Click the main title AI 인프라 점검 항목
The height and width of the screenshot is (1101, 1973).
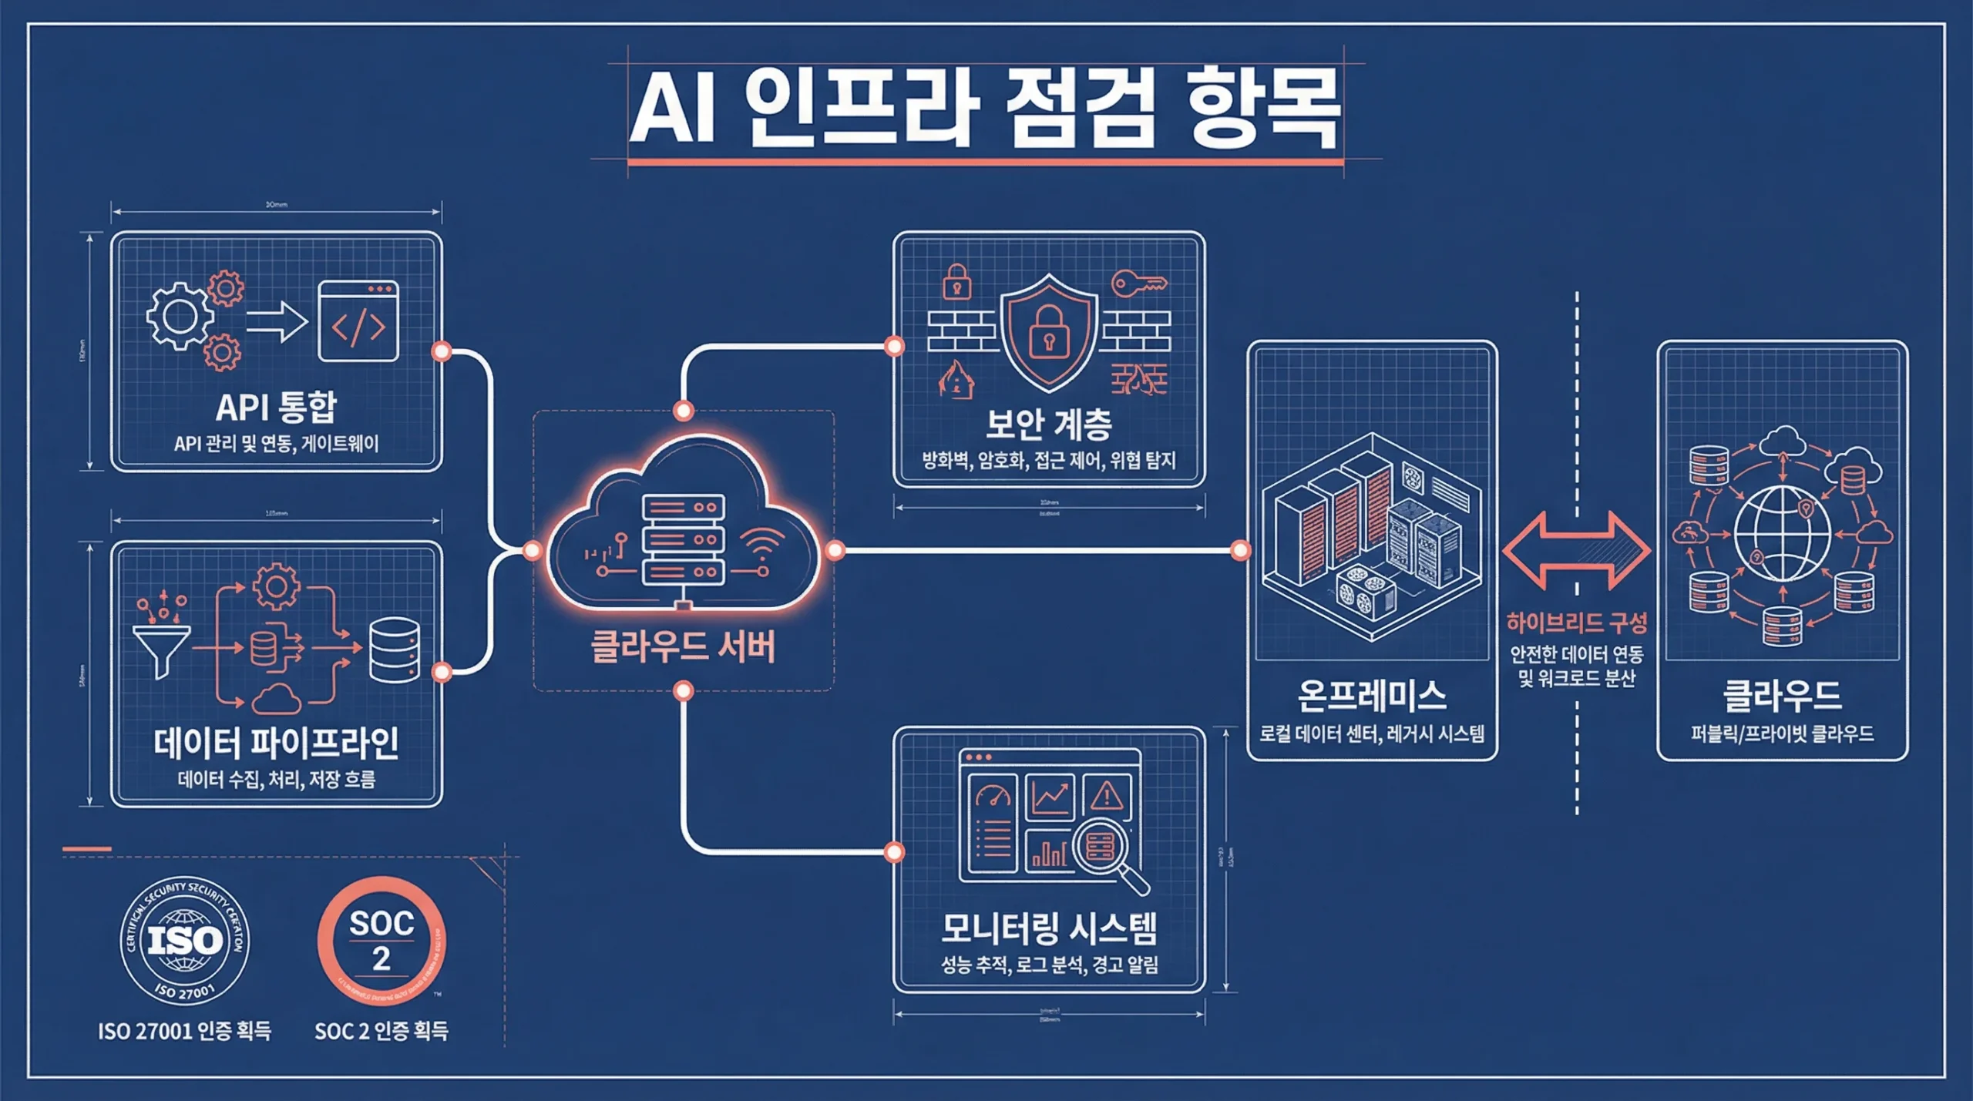[x=985, y=108]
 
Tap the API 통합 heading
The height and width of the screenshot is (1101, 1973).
[x=276, y=407]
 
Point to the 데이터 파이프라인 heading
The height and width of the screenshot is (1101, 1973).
[x=276, y=743]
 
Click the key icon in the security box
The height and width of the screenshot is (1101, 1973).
[x=1139, y=284]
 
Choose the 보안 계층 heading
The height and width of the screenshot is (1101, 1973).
[x=1049, y=423]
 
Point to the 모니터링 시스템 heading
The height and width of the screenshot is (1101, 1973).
[x=1049, y=928]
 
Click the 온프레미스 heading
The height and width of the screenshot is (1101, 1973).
[x=1372, y=696]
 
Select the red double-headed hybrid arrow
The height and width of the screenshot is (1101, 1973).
[x=1576, y=550]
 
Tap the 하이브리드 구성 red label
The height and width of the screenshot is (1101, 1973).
[x=1576, y=623]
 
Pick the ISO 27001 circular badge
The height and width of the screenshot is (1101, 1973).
[x=184, y=941]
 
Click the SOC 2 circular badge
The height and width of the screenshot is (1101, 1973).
[x=381, y=941]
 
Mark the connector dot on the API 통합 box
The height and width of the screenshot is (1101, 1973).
[x=442, y=352]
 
